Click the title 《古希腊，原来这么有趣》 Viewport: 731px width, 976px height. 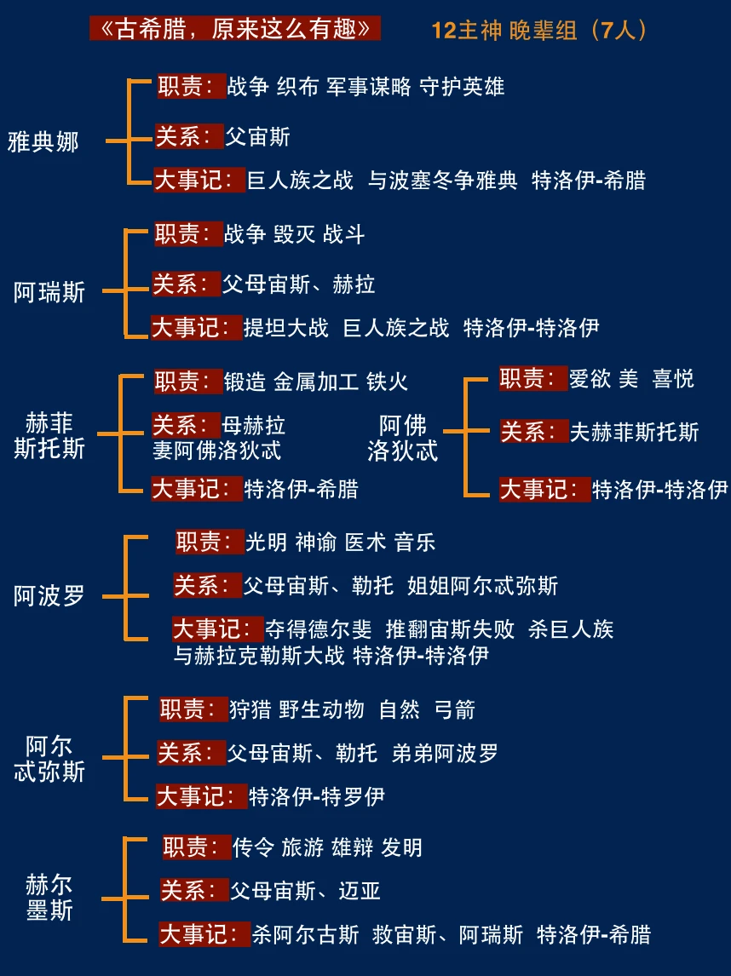coord(235,28)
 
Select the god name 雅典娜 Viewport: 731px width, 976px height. coord(43,141)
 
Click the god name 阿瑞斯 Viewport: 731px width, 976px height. coord(49,292)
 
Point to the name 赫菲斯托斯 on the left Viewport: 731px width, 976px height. coord(49,435)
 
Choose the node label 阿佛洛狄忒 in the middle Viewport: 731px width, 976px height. coord(403,438)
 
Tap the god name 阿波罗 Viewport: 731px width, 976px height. coord(49,595)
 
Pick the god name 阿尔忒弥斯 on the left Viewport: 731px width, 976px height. coord(49,759)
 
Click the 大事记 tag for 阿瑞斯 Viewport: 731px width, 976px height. coord(196,328)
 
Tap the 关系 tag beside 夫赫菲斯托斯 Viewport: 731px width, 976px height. coord(534,432)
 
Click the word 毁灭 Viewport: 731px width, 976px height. coord(295,234)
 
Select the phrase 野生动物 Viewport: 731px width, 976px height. coord(322,709)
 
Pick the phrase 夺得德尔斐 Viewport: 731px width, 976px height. coord(319,629)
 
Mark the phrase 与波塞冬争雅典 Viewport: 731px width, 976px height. coord(442,181)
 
